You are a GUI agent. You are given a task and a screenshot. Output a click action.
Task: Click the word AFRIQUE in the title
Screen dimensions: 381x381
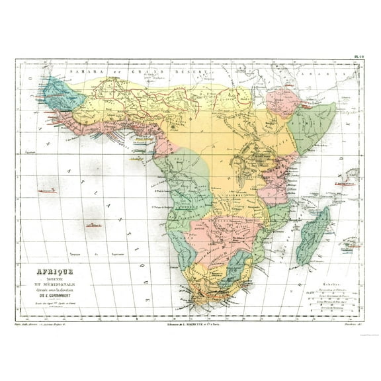(x=54, y=271)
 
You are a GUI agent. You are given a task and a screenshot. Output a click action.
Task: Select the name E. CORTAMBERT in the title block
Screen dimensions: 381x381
(x=58, y=294)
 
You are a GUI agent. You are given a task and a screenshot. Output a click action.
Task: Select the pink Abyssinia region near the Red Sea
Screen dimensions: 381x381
(x=281, y=102)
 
